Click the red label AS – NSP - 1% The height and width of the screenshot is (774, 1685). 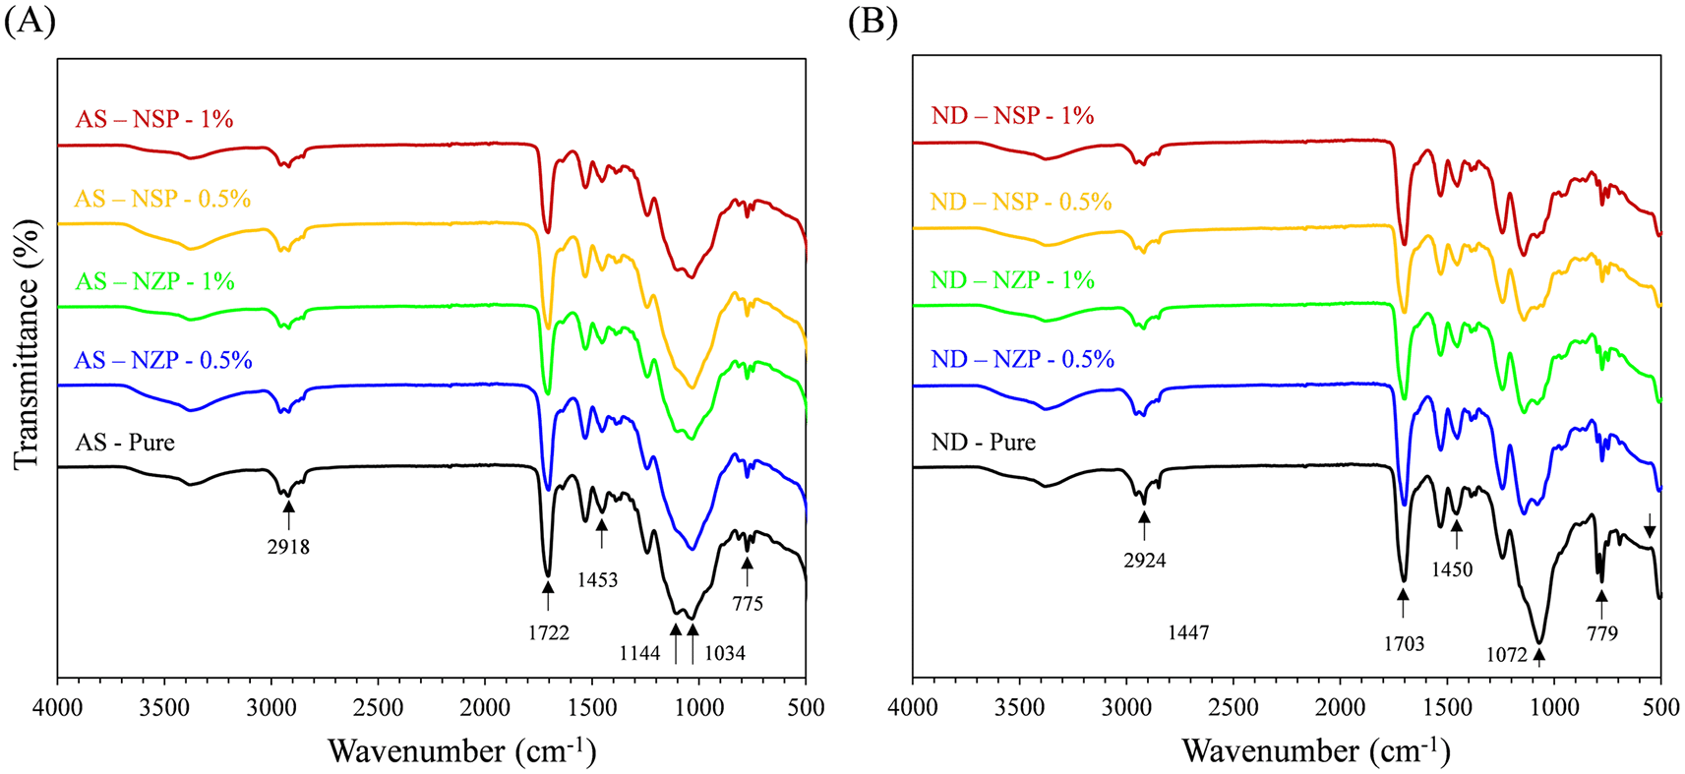click(154, 119)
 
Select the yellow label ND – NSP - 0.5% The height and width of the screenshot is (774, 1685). click(1021, 202)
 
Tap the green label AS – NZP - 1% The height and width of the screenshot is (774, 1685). click(155, 281)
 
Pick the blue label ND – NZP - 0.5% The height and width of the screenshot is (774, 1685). click(1022, 359)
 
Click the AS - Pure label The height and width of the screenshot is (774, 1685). click(125, 443)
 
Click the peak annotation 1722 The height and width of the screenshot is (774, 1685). click(548, 633)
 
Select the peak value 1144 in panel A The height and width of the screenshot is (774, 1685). click(639, 652)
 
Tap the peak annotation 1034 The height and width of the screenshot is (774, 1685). click(725, 652)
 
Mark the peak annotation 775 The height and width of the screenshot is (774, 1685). click(748, 604)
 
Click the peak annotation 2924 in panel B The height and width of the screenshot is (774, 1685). click(1145, 561)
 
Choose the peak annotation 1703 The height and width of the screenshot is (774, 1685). click(1404, 644)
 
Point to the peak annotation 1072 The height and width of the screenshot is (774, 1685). click(1506, 654)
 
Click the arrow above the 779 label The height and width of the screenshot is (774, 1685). click(1601, 603)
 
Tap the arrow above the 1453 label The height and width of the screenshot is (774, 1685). click(602, 535)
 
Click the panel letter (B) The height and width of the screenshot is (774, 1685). click(873, 22)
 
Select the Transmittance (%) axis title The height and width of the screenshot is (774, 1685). click(27, 344)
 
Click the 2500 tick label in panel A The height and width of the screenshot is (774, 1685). click(378, 708)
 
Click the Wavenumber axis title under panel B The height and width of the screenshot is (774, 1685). click(1316, 751)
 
